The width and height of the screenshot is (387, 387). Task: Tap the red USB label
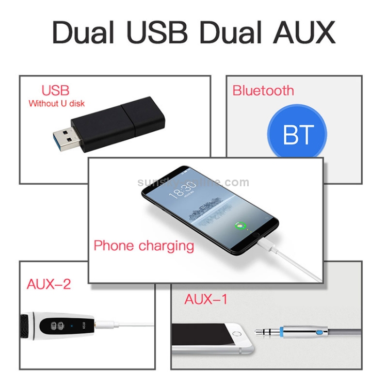coord(55,90)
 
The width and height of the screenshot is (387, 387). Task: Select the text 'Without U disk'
coord(57,103)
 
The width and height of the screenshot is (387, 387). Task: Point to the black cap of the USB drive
coord(144,116)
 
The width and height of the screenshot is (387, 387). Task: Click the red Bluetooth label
coord(263,91)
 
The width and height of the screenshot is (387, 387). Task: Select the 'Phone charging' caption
coord(143,246)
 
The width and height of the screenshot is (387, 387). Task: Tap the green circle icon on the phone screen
coord(239,225)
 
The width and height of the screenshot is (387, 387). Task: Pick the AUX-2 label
coord(49,284)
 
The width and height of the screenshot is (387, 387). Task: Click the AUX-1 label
coord(206,299)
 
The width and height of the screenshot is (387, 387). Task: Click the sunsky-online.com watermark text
coord(193,182)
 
